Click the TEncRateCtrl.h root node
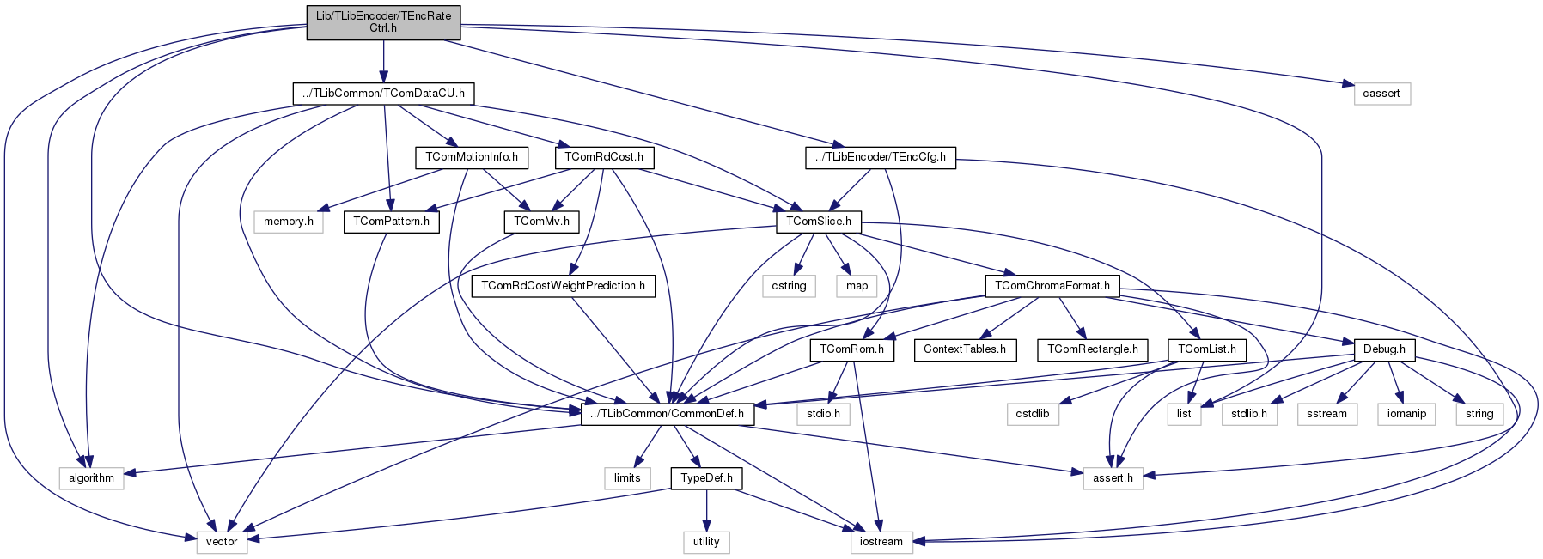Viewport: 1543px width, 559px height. point(383,21)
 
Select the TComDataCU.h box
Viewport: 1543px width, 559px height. point(383,94)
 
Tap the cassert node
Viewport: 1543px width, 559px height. point(1381,94)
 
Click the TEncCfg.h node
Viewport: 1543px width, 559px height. point(881,157)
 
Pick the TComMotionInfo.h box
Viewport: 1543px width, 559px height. point(472,157)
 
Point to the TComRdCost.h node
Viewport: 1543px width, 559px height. point(604,157)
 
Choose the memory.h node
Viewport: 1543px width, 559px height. point(288,222)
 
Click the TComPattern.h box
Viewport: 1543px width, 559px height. point(391,222)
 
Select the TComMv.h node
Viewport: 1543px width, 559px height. point(541,222)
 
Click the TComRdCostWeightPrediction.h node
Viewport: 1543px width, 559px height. point(563,286)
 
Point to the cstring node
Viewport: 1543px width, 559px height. point(789,286)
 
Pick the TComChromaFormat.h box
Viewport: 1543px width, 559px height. point(1052,286)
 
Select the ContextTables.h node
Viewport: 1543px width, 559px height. point(965,349)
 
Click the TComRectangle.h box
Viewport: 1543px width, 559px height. point(1093,349)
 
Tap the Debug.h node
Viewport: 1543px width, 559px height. point(1384,349)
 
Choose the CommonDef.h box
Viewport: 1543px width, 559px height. point(668,414)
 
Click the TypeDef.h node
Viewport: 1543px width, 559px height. point(706,478)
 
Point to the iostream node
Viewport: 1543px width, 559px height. point(881,542)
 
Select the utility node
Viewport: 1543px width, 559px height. point(706,542)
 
